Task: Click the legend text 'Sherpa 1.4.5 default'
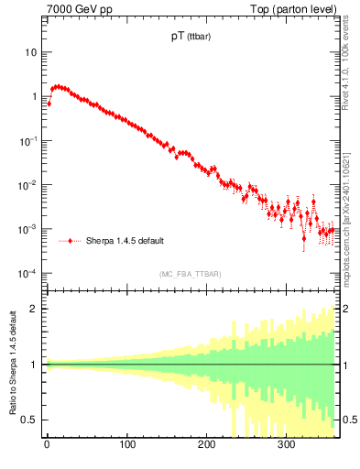tap(125, 241)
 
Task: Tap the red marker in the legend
tap(71, 241)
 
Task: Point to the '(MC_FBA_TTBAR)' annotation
tap(190, 274)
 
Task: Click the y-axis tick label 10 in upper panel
tap(30, 52)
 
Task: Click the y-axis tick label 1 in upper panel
tap(33, 96)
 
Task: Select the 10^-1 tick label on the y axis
tap(27, 140)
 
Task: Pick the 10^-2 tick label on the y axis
tap(27, 185)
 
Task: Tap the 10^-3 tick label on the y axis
tap(27, 229)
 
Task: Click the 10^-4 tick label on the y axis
tap(27, 273)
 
